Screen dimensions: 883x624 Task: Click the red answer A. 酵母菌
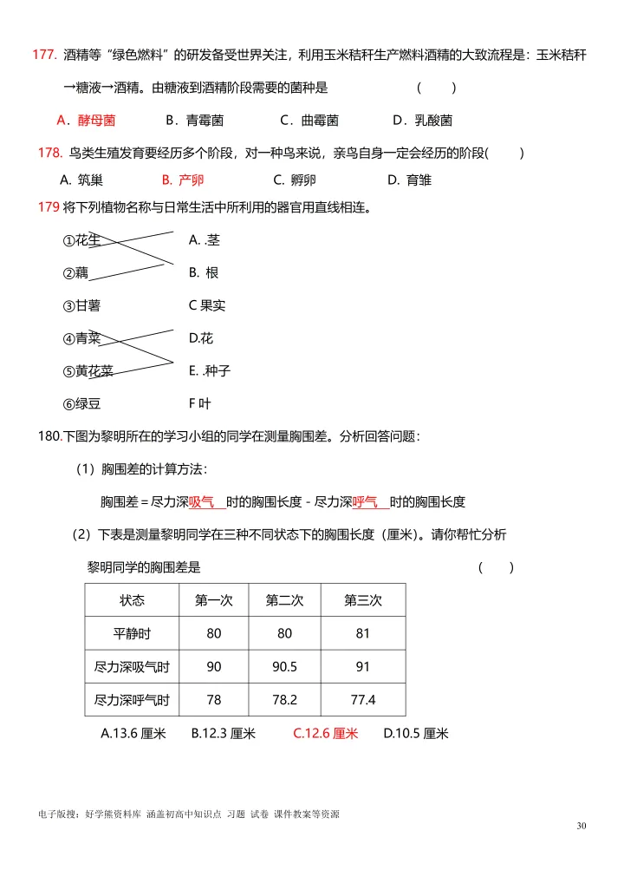tap(86, 121)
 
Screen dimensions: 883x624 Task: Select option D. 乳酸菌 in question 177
tap(422, 121)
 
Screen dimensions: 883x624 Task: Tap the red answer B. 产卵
tap(183, 180)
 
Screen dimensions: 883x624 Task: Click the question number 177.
tap(44, 55)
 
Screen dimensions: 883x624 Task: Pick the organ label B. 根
tap(204, 272)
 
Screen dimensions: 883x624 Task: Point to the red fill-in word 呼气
tap(365, 501)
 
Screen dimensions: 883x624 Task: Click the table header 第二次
tap(285, 600)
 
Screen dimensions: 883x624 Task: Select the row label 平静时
tap(132, 633)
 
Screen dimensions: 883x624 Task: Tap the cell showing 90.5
tap(285, 666)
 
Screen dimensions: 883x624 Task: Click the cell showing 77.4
tap(363, 699)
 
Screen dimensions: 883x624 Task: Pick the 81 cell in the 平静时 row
tap(363, 633)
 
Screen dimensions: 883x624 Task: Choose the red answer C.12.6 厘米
tap(325, 734)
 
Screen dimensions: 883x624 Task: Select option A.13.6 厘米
tap(133, 734)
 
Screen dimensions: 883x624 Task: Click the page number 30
tap(581, 825)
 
